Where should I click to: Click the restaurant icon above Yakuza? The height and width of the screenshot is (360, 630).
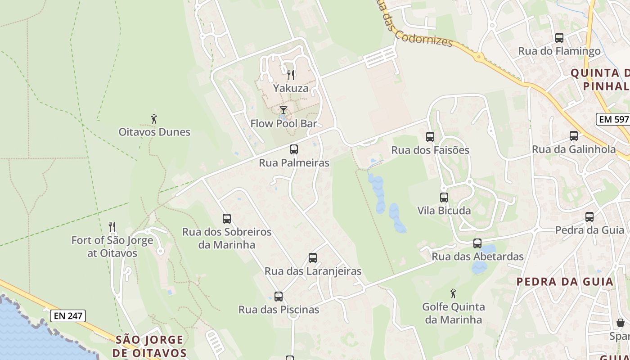pyautogui.click(x=291, y=75)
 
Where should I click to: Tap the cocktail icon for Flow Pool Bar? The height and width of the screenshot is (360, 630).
pyautogui.click(x=283, y=110)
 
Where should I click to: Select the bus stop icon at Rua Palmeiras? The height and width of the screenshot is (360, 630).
pyautogui.click(x=294, y=149)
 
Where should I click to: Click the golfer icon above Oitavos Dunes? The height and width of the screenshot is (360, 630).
pyautogui.click(x=154, y=119)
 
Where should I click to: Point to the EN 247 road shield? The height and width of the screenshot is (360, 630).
pyautogui.click(x=68, y=316)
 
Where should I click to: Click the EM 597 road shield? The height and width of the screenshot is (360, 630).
pyautogui.click(x=612, y=119)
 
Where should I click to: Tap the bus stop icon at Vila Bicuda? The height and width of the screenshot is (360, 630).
pyautogui.click(x=444, y=197)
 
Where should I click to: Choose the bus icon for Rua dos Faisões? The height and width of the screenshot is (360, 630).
pyautogui.click(x=430, y=137)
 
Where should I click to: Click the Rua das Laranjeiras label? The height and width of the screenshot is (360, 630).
pyautogui.click(x=313, y=271)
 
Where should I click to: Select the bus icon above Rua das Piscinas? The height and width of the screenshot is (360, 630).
pyautogui.click(x=279, y=297)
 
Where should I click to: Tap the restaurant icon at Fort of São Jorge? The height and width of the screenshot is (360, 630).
pyautogui.click(x=112, y=227)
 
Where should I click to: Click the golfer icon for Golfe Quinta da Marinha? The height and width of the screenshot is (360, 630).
pyautogui.click(x=453, y=294)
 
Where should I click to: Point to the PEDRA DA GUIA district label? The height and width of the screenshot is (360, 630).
pyautogui.click(x=565, y=282)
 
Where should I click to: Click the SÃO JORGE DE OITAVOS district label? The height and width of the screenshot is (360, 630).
pyautogui.click(x=149, y=346)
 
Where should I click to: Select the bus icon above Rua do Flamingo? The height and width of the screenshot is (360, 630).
pyautogui.click(x=559, y=38)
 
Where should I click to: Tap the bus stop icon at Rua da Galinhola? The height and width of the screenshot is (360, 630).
pyautogui.click(x=574, y=136)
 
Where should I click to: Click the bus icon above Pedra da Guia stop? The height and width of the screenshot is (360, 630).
pyautogui.click(x=589, y=217)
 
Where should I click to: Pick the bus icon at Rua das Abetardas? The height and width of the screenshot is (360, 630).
pyautogui.click(x=477, y=243)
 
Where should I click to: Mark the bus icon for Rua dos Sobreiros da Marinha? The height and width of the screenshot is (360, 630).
pyautogui.click(x=227, y=219)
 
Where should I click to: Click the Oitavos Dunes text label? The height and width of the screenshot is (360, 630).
pyautogui.click(x=154, y=132)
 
